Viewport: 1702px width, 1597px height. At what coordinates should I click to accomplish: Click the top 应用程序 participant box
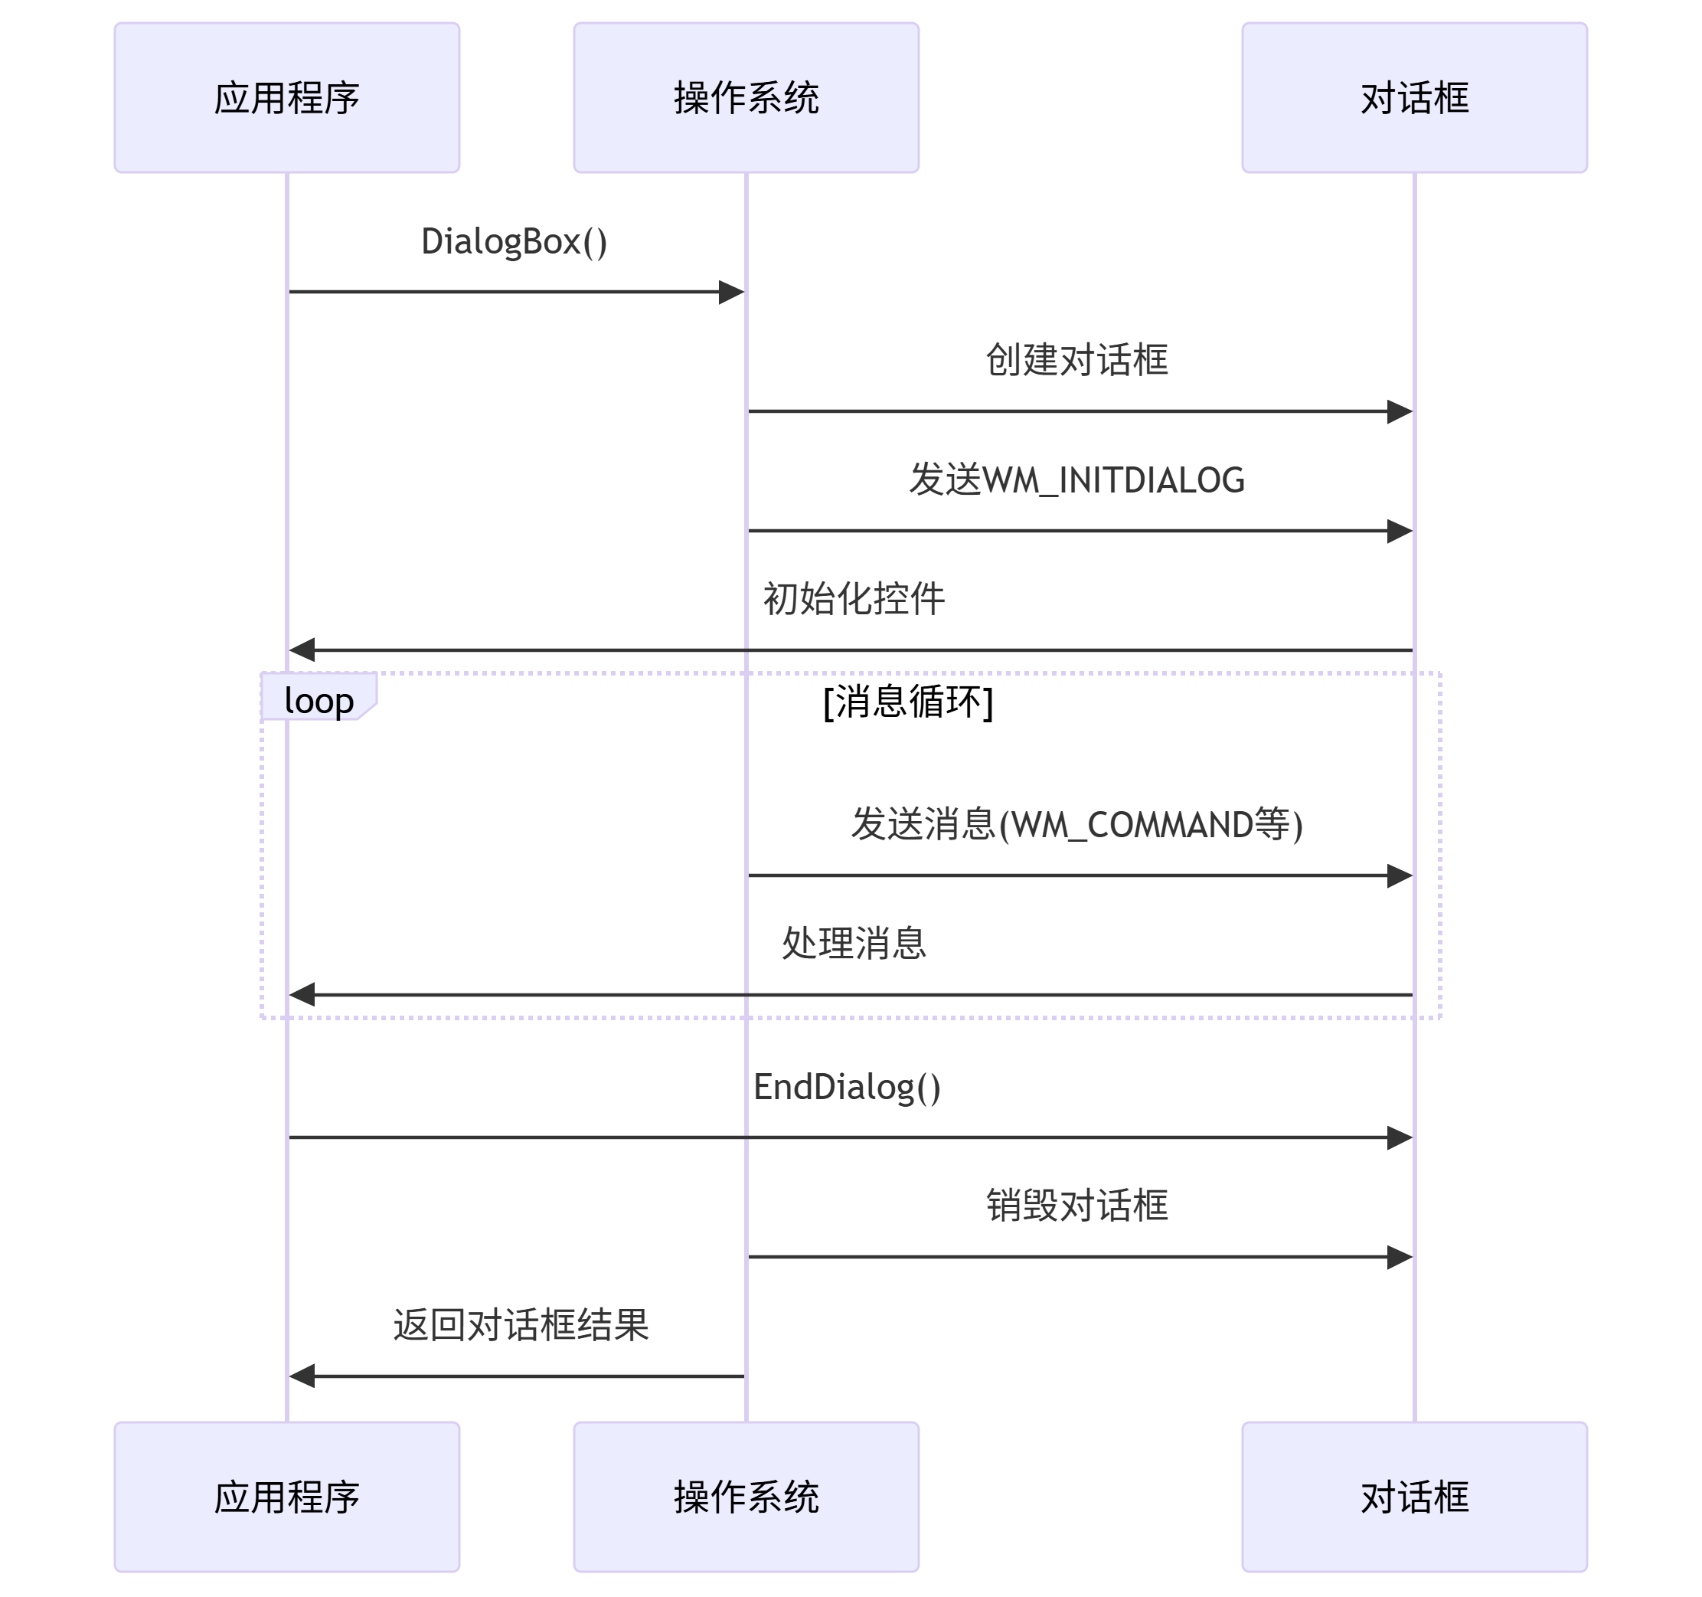click(287, 97)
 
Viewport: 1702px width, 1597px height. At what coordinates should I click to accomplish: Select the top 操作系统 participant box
click(746, 97)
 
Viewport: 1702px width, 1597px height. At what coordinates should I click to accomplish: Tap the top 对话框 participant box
click(1414, 97)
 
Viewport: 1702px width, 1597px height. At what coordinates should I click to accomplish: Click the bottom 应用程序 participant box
click(287, 1497)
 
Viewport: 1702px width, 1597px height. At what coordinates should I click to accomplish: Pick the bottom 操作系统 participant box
click(746, 1497)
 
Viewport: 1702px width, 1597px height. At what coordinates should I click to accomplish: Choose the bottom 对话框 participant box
click(1414, 1497)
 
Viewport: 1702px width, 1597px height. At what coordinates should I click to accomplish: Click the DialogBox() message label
click(515, 241)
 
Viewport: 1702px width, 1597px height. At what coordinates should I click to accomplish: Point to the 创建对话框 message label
click(1076, 360)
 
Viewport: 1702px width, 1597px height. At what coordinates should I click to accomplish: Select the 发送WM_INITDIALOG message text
click(1076, 479)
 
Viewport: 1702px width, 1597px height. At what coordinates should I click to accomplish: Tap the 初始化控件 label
click(854, 598)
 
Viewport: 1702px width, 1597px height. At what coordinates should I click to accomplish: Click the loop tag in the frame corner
click(319, 700)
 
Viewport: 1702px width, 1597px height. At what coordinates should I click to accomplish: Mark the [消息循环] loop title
click(907, 702)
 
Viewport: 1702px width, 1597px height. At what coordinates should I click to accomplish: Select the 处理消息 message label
click(854, 944)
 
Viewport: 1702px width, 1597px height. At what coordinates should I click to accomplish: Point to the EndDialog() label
click(847, 1087)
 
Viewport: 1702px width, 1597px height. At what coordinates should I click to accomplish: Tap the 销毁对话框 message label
click(1076, 1206)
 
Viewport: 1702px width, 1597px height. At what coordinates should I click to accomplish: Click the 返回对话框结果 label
click(521, 1324)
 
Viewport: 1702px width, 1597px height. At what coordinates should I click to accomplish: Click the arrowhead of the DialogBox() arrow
click(732, 292)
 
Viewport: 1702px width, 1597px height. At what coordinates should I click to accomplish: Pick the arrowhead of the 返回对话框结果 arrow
click(302, 1376)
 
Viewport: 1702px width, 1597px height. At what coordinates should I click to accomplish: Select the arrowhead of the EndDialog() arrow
click(1400, 1137)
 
